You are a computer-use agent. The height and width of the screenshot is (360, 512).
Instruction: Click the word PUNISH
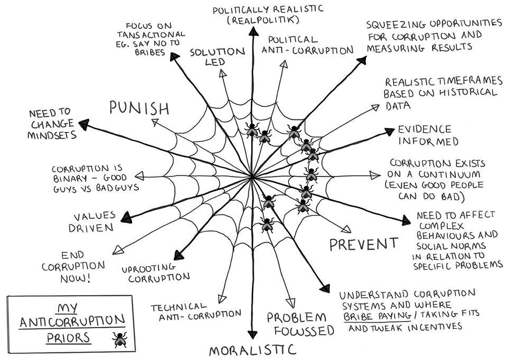(x=138, y=108)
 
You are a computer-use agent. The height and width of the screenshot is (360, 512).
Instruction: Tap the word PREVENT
(x=363, y=244)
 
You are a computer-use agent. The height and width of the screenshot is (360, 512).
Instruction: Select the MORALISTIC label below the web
(x=252, y=350)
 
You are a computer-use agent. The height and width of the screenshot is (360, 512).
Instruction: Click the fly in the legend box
(x=120, y=339)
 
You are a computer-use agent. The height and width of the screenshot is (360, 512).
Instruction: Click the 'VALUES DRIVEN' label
(x=94, y=221)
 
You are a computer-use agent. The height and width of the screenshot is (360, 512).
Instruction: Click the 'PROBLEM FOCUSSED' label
(x=300, y=324)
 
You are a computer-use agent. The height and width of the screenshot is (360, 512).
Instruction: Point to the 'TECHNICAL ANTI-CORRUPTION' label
(x=196, y=311)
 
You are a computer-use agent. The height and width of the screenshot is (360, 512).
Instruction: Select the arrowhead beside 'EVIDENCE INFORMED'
(x=389, y=131)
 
